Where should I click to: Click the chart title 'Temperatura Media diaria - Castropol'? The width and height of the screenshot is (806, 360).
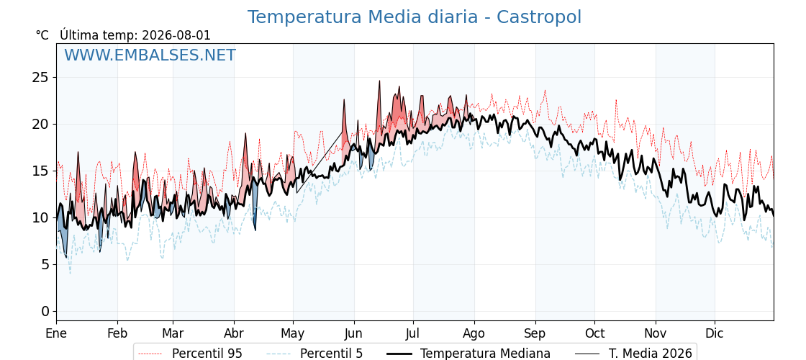click(415, 17)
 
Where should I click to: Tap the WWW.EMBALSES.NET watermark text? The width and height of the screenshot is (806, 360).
click(150, 55)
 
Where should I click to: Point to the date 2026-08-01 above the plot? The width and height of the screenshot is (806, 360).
click(176, 35)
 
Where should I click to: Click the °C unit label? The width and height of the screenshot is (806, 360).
click(42, 35)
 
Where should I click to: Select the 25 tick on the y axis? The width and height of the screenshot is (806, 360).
click(40, 78)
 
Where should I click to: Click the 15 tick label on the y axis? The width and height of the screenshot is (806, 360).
click(40, 171)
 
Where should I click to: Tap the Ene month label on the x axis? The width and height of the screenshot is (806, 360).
click(57, 333)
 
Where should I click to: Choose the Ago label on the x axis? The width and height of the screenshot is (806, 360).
click(474, 333)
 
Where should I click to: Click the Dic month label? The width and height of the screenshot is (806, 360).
click(715, 333)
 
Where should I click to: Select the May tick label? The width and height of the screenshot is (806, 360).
click(294, 333)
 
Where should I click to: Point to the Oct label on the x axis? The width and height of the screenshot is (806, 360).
click(594, 333)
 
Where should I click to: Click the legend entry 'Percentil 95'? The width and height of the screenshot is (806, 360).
click(207, 354)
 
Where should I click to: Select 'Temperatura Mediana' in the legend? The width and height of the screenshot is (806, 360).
click(485, 354)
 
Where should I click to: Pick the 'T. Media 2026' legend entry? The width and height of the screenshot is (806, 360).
click(651, 354)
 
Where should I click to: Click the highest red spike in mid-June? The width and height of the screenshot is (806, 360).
click(379, 81)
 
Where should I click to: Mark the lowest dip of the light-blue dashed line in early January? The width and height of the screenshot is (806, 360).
click(70, 272)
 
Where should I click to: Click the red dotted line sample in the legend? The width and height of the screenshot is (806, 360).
click(150, 354)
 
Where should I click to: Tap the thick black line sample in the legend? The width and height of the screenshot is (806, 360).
click(399, 354)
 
